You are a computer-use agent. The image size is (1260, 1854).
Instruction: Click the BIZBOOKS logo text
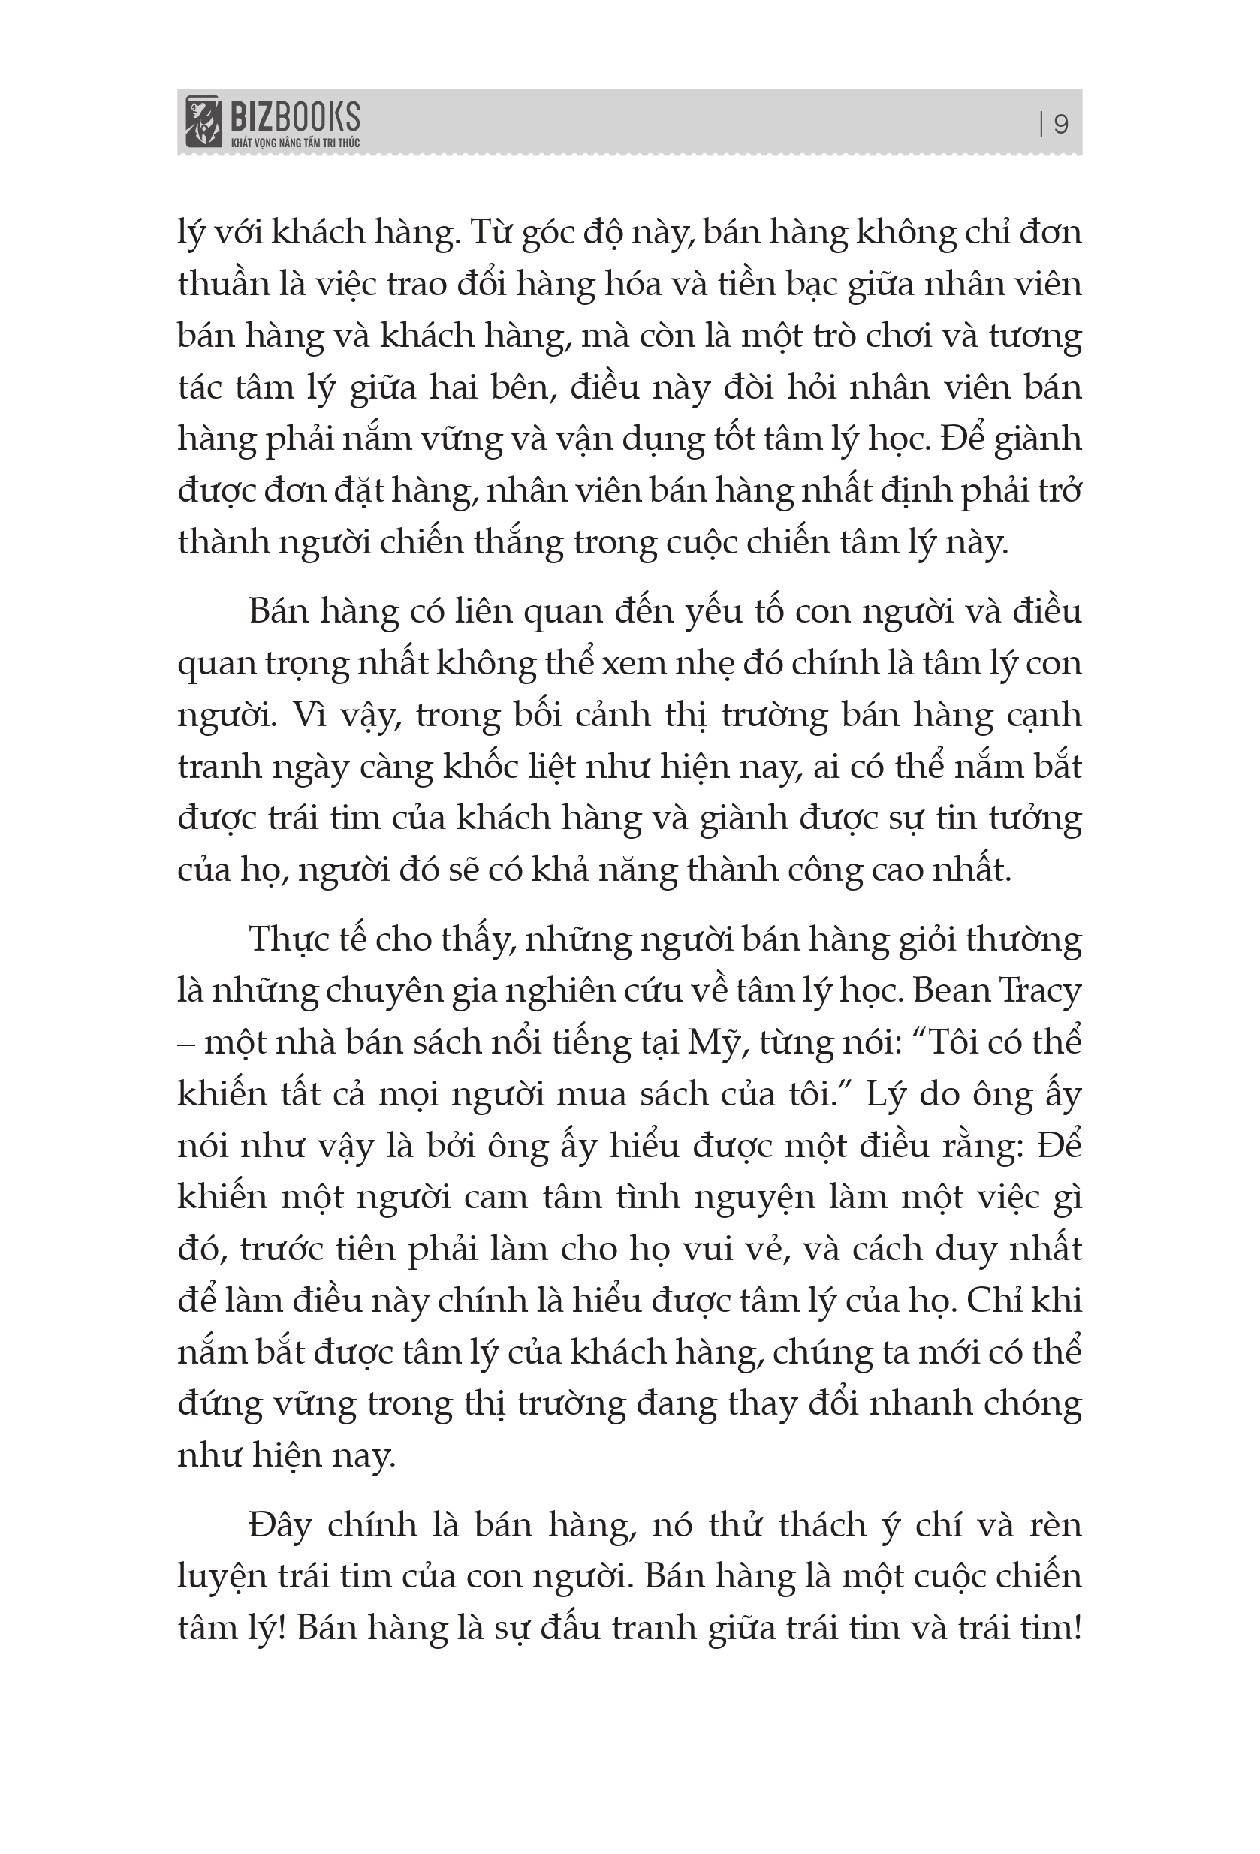point(294,117)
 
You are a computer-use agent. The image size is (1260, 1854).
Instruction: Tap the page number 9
point(1060,125)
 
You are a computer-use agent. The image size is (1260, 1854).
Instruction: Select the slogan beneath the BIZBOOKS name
point(294,143)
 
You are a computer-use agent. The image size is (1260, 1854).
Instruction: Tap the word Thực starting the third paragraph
point(284,939)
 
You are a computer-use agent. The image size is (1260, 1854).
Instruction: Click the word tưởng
point(1035,819)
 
